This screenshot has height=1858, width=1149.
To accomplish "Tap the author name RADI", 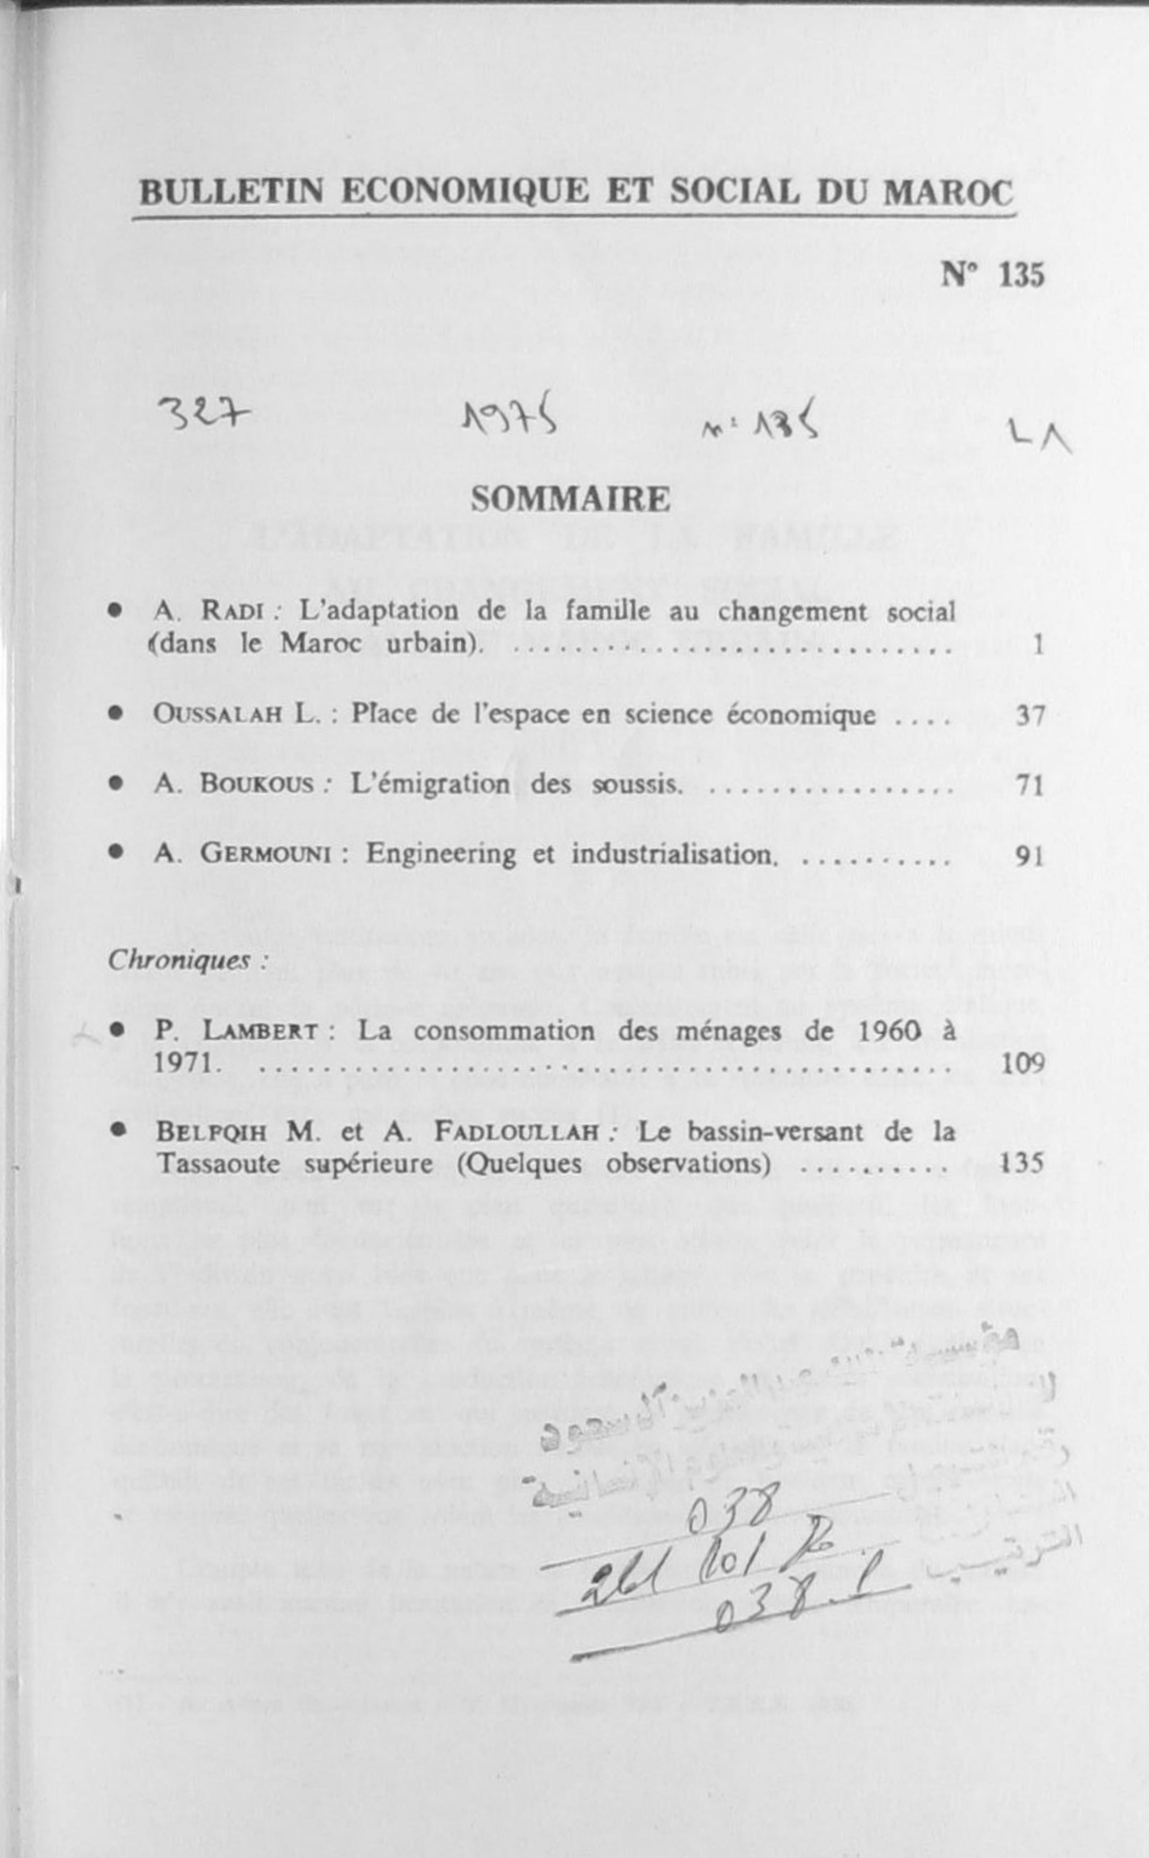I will coord(232,611).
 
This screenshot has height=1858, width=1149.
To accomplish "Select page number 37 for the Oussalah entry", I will coord(1030,715).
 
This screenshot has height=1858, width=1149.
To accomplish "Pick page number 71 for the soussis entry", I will coord(1030,785).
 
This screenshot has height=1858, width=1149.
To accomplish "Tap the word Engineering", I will coord(441,854).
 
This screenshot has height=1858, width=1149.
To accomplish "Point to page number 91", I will coord(1030,856).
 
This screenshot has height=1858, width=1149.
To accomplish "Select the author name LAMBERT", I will coord(260,1031).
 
